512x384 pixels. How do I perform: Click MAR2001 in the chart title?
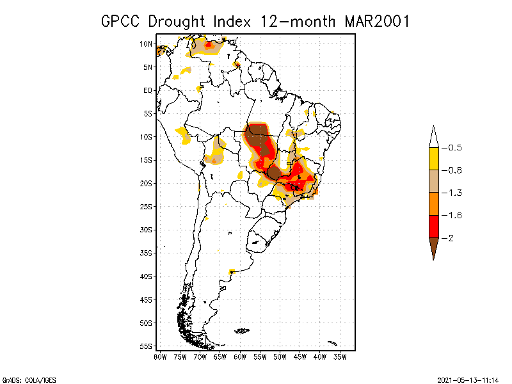[376, 20]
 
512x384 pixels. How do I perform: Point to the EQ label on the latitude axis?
[147, 90]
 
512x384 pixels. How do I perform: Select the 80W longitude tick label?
[160, 356]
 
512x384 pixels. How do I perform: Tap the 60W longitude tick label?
[240, 356]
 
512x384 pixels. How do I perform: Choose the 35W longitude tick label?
[340, 356]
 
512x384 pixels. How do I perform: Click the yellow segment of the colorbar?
[433, 159]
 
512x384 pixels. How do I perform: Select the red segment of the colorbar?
[433, 226]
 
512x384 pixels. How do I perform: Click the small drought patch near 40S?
[232, 271]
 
